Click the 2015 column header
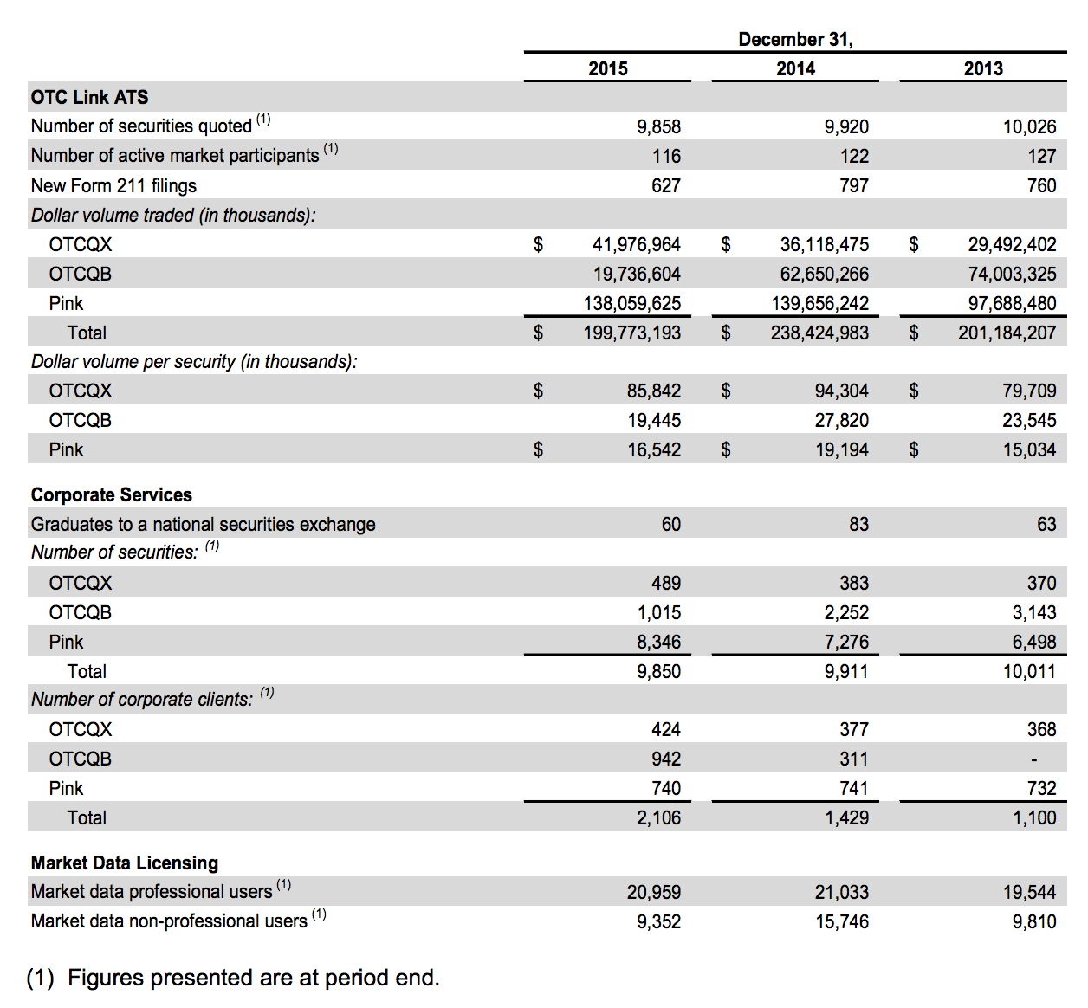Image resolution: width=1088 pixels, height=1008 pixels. coord(607,68)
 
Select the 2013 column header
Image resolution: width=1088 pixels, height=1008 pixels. coord(983,68)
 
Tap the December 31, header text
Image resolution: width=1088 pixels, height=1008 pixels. coord(795,40)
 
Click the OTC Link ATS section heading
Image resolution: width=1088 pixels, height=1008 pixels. coord(89,97)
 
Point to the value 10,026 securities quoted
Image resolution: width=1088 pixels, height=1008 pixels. coord(1029,126)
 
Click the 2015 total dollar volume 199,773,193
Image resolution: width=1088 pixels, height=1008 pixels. coord(631,333)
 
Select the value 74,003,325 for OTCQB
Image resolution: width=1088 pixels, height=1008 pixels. coord(1012,274)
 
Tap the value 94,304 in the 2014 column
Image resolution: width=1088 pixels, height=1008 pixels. coord(841,391)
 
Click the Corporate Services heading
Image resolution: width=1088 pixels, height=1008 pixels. coord(111,494)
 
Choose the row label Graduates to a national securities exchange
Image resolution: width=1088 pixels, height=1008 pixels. coord(203,524)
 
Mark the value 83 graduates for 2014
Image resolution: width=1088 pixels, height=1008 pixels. coord(858,524)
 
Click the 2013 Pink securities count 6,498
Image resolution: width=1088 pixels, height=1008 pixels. coord(1034,642)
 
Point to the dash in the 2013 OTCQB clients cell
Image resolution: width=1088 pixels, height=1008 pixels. coord(1033,759)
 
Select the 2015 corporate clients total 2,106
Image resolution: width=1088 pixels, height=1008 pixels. coord(658,817)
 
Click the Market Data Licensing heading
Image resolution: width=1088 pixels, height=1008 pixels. coord(124,863)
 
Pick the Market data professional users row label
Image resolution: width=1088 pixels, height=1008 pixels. coord(152,892)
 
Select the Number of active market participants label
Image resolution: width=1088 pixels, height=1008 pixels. coord(174,156)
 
